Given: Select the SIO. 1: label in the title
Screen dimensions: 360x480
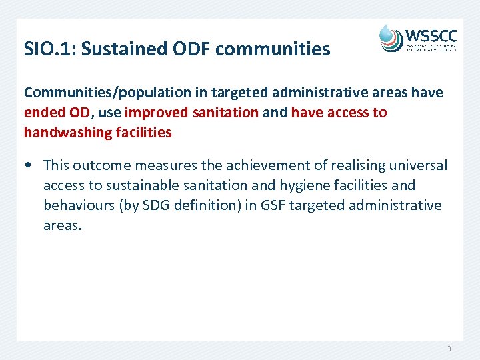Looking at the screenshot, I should (47, 49).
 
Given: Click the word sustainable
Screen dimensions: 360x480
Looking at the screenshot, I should (137, 185).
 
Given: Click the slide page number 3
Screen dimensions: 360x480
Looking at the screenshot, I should (449, 349).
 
